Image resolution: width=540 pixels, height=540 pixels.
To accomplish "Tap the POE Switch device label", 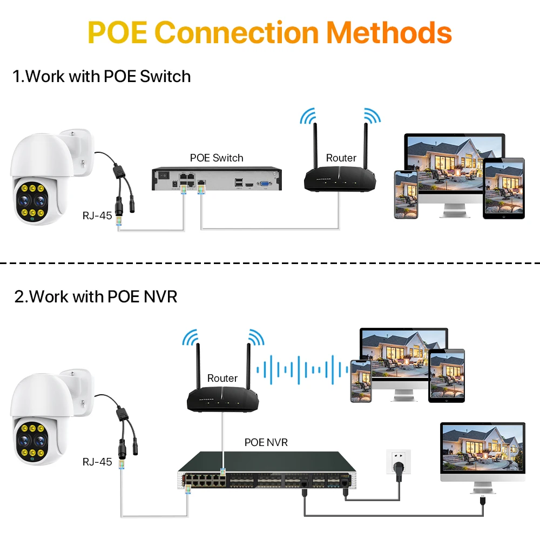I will click(217, 158).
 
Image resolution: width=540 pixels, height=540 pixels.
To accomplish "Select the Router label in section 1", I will click(341, 158).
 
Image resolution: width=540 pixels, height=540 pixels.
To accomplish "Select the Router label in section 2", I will click(222, 378).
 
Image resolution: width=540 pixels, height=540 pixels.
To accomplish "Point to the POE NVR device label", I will click(266, 442).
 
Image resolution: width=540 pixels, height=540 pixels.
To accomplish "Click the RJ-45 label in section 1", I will click(97, 215).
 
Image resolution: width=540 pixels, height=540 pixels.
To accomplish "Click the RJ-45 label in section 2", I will click(97, 462).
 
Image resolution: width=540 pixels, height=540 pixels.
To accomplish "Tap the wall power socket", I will click(397, 463).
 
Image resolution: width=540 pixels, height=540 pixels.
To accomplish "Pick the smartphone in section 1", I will click(406, 194).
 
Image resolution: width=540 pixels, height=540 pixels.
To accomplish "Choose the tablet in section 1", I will click(503, 188).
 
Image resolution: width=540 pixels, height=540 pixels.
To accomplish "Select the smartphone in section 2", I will click(360, 381).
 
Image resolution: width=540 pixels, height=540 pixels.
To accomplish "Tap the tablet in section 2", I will click(447, 375).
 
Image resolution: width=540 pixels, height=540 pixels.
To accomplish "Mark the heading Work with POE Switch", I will click(102, 76).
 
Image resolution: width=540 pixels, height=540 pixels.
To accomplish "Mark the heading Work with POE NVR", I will click(96, 296).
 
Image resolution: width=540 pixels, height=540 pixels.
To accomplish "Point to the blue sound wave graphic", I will click(302, 369).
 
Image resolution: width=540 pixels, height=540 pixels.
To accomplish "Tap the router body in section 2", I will click(222, 400).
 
